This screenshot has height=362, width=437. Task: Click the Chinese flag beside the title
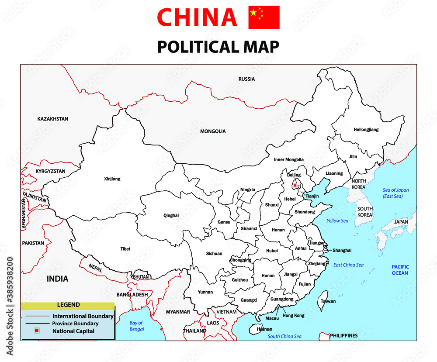coord(264,17)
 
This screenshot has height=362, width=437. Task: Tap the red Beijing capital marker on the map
coord(295,185)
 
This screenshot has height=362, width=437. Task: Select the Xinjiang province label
coord(112,179)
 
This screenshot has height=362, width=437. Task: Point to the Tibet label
coord(125,249)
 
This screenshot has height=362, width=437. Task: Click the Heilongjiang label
coord(366,130)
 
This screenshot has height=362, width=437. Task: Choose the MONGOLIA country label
coord(213,131)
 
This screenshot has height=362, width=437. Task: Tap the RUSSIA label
coord(246,79)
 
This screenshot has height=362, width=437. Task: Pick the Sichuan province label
coord(214,254)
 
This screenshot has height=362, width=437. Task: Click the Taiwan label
coord(328,301)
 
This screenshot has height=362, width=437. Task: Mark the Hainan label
coord(265,329)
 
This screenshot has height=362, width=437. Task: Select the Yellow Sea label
coord(337,221)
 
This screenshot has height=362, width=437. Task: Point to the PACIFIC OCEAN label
coord(400,270)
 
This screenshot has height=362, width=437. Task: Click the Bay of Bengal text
coord(136,326)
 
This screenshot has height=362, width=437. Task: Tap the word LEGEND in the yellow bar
coord(68,305)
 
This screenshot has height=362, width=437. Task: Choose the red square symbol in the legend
coord(37,331)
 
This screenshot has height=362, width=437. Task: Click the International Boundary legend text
coord(83,316)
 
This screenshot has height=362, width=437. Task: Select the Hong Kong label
coord(293,316)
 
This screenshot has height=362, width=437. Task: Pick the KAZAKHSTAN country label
coord(53,119)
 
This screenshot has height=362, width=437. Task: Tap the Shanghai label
coord(342,250)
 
